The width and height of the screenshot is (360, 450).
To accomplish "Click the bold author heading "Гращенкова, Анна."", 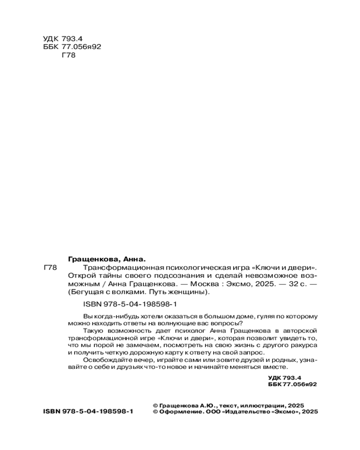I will (107, 259).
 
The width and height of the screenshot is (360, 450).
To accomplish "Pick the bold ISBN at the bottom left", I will (88, 411).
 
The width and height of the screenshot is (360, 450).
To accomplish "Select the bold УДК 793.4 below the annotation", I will (284, 378).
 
